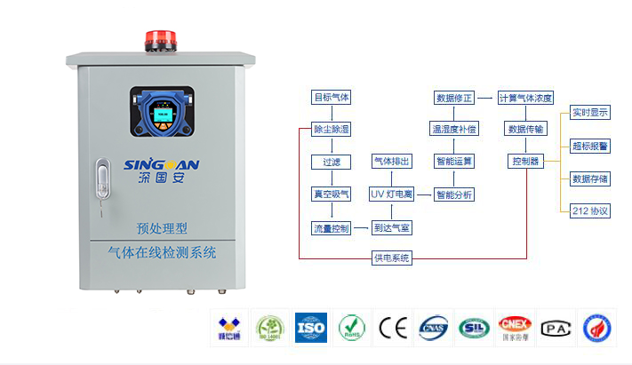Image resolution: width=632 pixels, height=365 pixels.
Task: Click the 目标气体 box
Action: click(x=331, y=97)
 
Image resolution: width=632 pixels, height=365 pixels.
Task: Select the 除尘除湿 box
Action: click(x=331, y=130)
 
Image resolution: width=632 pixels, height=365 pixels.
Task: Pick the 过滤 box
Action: click(x=331, y=162)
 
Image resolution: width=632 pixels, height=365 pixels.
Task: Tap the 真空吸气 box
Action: click(x=331, y=194)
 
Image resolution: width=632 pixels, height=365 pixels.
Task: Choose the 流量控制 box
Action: click(x=331, y=227)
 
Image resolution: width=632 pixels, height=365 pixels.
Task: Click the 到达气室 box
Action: click(x=391, y=227)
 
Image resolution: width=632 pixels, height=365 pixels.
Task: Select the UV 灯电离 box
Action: click(x=391, y=194)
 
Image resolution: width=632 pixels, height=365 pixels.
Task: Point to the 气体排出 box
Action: click(x=391, y=162)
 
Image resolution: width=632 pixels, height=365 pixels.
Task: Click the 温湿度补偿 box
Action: click(x=454, y=130)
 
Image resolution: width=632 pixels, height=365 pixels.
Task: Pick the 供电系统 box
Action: click(x=391, y=258)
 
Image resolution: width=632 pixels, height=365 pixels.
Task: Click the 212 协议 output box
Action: click(x=590, y=210)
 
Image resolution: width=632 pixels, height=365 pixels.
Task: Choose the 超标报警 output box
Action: click(x=590, y=146)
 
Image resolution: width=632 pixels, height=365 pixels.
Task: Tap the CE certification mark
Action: click(x=392, y=327)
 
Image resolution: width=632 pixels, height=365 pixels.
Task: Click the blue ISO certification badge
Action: click(x=310, y=327)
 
